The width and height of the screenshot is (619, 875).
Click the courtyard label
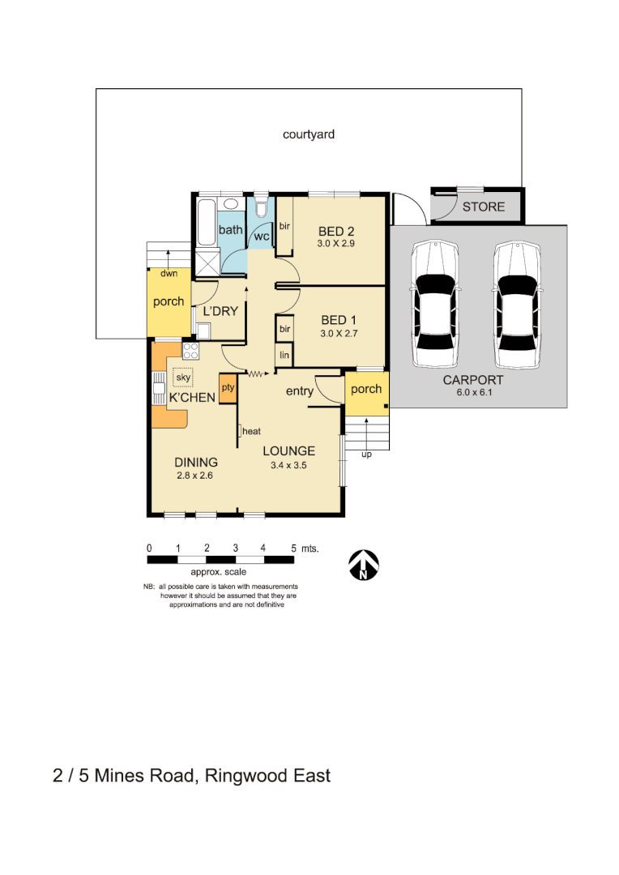308,134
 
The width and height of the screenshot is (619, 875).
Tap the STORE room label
483,207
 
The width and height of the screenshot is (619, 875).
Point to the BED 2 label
337,230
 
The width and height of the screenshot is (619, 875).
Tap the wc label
261,237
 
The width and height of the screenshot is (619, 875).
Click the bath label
231,230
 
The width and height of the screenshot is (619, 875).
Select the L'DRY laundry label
220,311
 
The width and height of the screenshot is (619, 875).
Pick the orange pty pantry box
228,387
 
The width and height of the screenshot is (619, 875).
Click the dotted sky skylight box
183,378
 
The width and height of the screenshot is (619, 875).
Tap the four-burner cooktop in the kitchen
191,351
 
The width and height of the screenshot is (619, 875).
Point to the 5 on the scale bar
293,548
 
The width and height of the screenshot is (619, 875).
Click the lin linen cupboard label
284,355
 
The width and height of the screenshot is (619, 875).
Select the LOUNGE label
288,451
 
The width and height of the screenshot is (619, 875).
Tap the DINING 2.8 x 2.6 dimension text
194,476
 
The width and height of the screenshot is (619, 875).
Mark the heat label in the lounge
250,431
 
